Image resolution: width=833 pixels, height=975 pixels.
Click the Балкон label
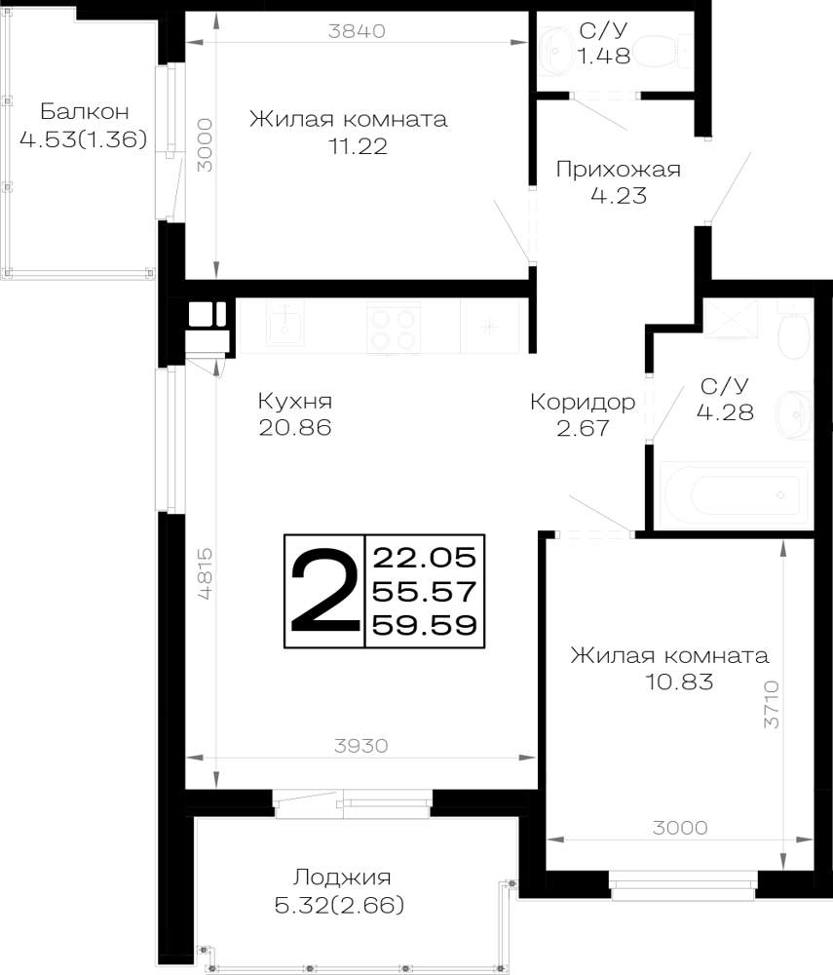[x=85, y=111]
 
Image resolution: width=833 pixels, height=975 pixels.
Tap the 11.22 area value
[x=358, y=146]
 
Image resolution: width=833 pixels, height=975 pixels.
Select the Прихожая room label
[x=618, y=169]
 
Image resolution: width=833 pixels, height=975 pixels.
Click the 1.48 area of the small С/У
[x=604, y=56]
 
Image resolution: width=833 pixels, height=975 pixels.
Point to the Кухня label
[x=295, y=401]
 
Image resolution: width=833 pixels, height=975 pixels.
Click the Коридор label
[x=583, y=403]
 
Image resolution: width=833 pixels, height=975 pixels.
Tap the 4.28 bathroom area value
[x=725, y=411]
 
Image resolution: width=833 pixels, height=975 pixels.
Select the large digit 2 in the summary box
[x=324, y=590]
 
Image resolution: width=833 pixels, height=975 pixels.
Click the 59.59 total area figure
[x=424, y=625]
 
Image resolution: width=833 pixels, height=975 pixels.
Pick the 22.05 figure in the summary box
[x=424, y=557]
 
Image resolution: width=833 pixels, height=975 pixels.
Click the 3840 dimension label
[x=357, y=30]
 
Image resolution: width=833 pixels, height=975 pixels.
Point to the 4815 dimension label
[x=205, y=573]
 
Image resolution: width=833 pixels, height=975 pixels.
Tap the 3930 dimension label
[x=360, y=745]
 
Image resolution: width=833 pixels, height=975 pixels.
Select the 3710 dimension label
[x=771, y=704]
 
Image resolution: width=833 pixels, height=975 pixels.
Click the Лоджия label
[x=342, y=878]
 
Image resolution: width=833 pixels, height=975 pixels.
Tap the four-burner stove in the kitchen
[x=394, y=328]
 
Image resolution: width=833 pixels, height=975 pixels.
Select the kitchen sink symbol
[x=285, y=323]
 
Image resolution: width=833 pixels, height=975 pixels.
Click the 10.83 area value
[x=679, y=682]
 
